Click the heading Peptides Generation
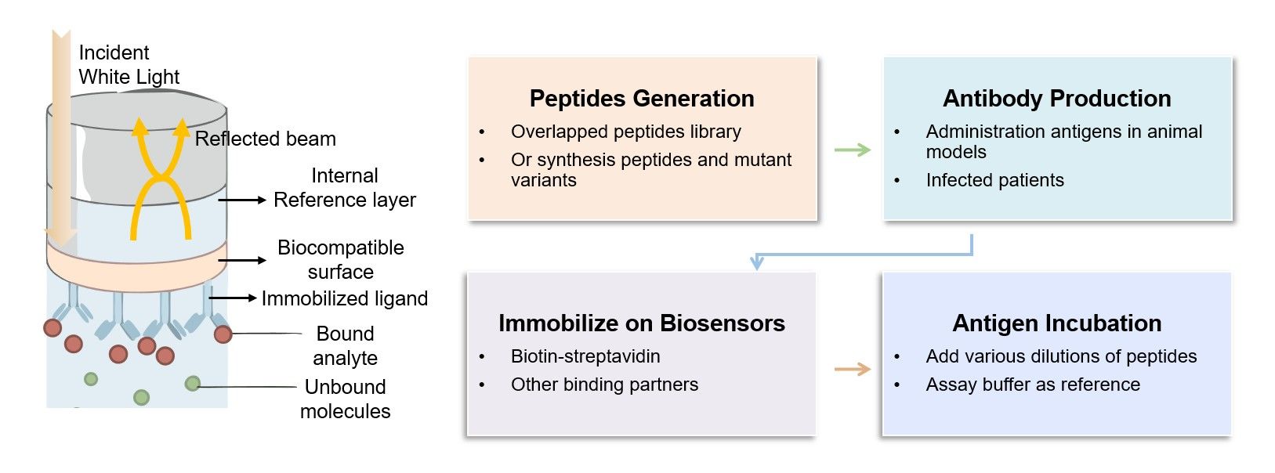click(641, 99)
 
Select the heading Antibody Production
click(1056, 99)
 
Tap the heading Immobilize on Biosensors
click(641, 323)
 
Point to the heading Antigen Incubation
click(1056, 323)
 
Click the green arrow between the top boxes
click(852, 150)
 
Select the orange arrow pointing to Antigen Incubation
click(852, 369)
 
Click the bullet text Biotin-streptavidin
click(585, 356)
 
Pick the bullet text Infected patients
click(994, 180)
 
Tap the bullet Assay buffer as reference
click(1032, 385)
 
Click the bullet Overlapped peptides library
click(625, 132)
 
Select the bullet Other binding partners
click(604, 385)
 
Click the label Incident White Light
click(129, 64)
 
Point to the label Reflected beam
click(265, 139)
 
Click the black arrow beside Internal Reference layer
click(242, 200)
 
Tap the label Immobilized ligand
click(344, 298)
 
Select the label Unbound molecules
click(345, 399)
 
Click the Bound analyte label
click(345, 345)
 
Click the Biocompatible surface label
click(340, 259)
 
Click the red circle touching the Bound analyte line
click(223, 334)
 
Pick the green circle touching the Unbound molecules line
click(192, 384)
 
